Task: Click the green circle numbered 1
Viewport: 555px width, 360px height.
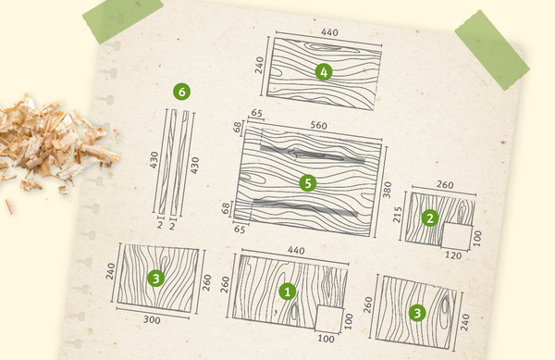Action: pos(288,292)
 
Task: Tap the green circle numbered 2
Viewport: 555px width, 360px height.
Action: pos(430,218)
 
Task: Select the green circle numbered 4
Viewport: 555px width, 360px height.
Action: pos(324,72)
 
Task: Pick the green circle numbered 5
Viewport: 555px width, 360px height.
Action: pos(308,183)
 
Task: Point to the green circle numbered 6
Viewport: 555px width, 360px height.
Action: pos(181,92)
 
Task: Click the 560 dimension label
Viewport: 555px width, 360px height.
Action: pos(318,126)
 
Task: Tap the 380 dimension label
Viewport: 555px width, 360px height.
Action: pos(388,190)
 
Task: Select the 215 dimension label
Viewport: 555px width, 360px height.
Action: pos(398,215)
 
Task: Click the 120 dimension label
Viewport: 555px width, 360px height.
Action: pos(453,255)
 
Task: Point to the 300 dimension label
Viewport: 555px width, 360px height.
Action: pos(152,319)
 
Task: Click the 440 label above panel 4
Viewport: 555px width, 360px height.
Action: pos(329,32)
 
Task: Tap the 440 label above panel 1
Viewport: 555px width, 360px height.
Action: pos(296,250)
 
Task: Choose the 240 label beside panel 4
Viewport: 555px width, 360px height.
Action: pos(259,65)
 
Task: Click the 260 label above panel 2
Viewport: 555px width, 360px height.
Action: pos(445,185)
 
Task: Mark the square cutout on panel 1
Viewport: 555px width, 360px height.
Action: pos(329,319)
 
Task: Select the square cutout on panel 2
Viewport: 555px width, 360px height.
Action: pos(457,235)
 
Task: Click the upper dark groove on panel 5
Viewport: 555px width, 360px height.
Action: pos(313,154)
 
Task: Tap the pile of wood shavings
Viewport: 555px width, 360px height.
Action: pos(53,145)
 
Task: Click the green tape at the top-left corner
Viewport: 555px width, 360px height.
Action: pos(123,19)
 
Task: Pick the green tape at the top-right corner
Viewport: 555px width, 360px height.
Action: pos(492,50)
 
